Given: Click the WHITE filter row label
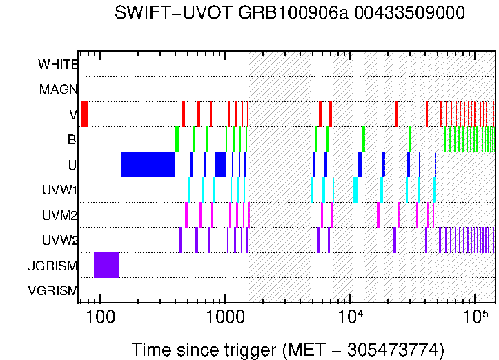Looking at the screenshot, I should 58,64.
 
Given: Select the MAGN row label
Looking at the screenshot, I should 58,89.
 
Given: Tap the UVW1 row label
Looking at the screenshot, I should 59,190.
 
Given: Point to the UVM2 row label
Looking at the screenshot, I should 59,215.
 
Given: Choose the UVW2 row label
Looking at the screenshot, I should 59,240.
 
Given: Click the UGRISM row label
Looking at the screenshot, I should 52,266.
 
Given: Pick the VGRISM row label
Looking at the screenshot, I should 52,290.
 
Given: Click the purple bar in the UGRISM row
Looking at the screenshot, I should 106,266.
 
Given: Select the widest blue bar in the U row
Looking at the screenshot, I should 148,164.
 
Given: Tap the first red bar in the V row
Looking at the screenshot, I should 84,114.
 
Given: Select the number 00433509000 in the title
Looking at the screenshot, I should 387,13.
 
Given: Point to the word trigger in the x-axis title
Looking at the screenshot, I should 252,349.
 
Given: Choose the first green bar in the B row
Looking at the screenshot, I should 177,139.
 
